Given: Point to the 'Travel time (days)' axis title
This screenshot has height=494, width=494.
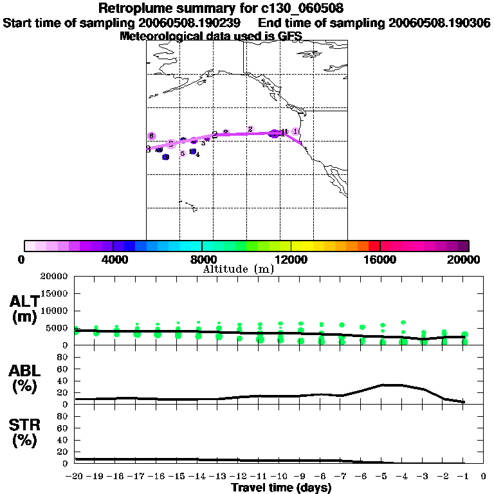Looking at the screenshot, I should coord(281,488).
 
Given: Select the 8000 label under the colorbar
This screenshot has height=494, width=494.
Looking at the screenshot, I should coord(201,259).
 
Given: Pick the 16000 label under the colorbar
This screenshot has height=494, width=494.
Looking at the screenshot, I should coord(380,259).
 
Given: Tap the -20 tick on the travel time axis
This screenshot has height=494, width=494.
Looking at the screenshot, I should coord(75,477).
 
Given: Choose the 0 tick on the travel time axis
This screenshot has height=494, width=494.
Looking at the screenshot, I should coord(483,477).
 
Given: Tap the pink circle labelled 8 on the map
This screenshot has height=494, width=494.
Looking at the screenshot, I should coord(152,136).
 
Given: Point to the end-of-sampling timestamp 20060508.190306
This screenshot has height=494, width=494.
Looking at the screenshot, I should coord(439,23).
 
